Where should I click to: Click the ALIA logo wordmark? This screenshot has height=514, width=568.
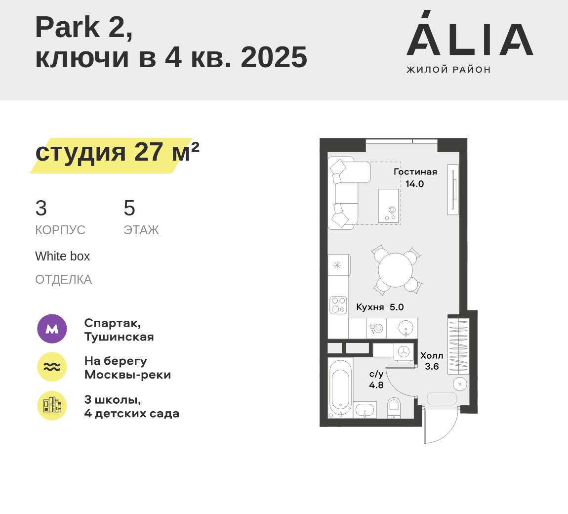click(470, 33)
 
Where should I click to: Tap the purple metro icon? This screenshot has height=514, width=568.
click(52, 329)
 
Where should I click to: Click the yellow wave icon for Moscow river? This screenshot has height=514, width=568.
click(52, 367)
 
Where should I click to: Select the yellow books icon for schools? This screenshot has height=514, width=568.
click(52, 405)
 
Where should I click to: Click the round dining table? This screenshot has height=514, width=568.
click(395, 270)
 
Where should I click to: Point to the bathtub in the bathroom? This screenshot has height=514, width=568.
click(340, 387)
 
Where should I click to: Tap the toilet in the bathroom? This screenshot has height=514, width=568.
click(394, 408)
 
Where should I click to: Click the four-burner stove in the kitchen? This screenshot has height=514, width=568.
click(338, 305)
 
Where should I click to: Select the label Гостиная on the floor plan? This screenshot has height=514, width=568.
click(415, 172)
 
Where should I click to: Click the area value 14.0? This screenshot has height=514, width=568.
click(414, 184)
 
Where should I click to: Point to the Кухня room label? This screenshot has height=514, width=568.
click(370, 307)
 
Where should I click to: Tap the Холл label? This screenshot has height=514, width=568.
click(432, 355)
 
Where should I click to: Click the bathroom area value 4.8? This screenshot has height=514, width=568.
click(376, 385)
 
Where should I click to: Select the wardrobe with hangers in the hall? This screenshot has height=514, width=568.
click(458, 346)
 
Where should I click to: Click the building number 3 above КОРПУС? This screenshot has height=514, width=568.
click(41, 208)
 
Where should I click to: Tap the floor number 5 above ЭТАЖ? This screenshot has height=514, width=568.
click(129, 208)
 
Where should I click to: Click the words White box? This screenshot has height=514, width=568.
click(62, 257)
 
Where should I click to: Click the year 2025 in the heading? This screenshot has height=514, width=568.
click(274, 57)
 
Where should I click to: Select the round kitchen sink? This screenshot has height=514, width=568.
click(406, 328)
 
